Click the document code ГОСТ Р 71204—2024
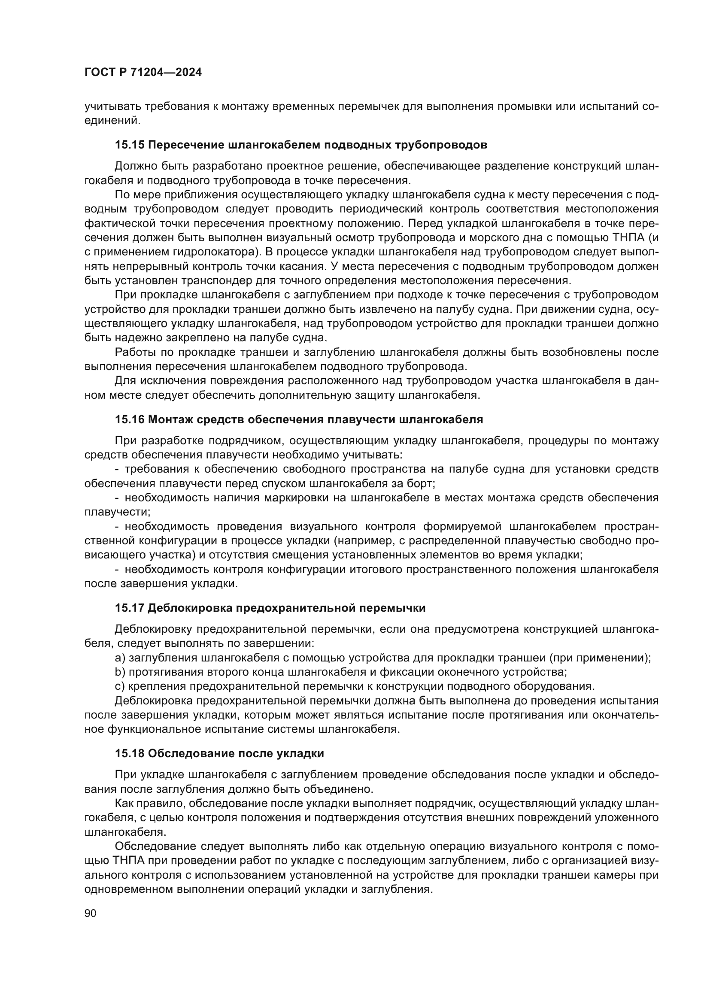(143, 73)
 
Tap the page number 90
(91, 914)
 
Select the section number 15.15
(130, 145)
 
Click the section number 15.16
(130, 420)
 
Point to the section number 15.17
(130, 608)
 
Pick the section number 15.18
(130, 754)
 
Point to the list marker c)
(120, 686)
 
